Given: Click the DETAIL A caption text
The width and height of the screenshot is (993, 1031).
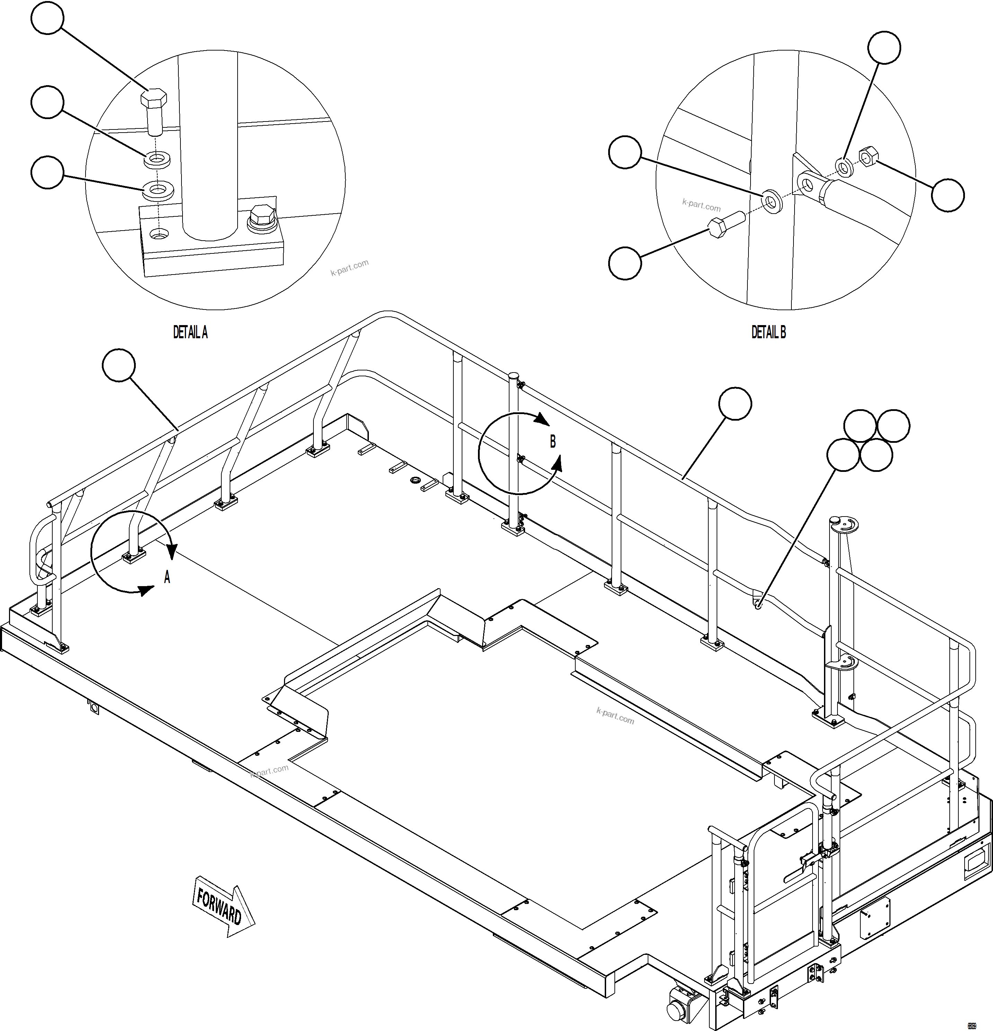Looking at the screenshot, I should tap(190, 332).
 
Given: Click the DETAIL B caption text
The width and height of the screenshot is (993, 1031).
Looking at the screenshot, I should tap(768, 332).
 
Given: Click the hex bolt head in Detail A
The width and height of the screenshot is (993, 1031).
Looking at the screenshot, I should tap(154, 98).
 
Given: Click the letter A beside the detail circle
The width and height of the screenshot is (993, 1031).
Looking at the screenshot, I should tap(167, 577).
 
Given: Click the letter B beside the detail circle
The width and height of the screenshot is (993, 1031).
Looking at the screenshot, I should tap(552, 442).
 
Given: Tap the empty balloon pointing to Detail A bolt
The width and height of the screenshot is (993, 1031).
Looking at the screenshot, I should tap(48, 18).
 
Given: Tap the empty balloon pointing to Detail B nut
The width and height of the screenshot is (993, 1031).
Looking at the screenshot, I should tap(948, 195).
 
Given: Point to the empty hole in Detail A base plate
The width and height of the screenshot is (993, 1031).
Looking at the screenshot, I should tap(156, 233).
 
